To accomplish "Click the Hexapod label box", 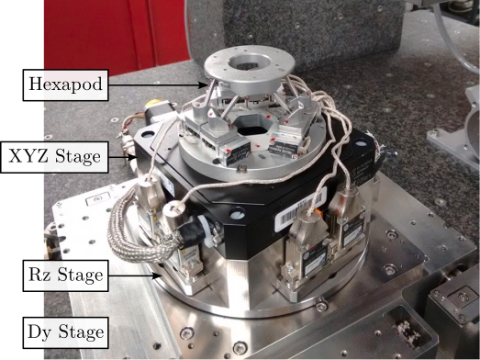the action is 65,84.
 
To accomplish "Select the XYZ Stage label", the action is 54,157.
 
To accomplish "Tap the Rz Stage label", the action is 65,276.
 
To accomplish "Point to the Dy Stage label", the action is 65,332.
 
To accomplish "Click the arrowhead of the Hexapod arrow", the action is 203,84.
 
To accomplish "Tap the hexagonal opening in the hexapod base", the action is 252,126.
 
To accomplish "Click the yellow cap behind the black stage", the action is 152,103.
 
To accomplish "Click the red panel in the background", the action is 117,34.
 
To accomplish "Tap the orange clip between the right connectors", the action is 326,212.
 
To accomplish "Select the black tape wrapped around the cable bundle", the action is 192,232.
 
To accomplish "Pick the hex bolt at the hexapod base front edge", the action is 242,168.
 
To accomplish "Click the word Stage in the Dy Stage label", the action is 81,332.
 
